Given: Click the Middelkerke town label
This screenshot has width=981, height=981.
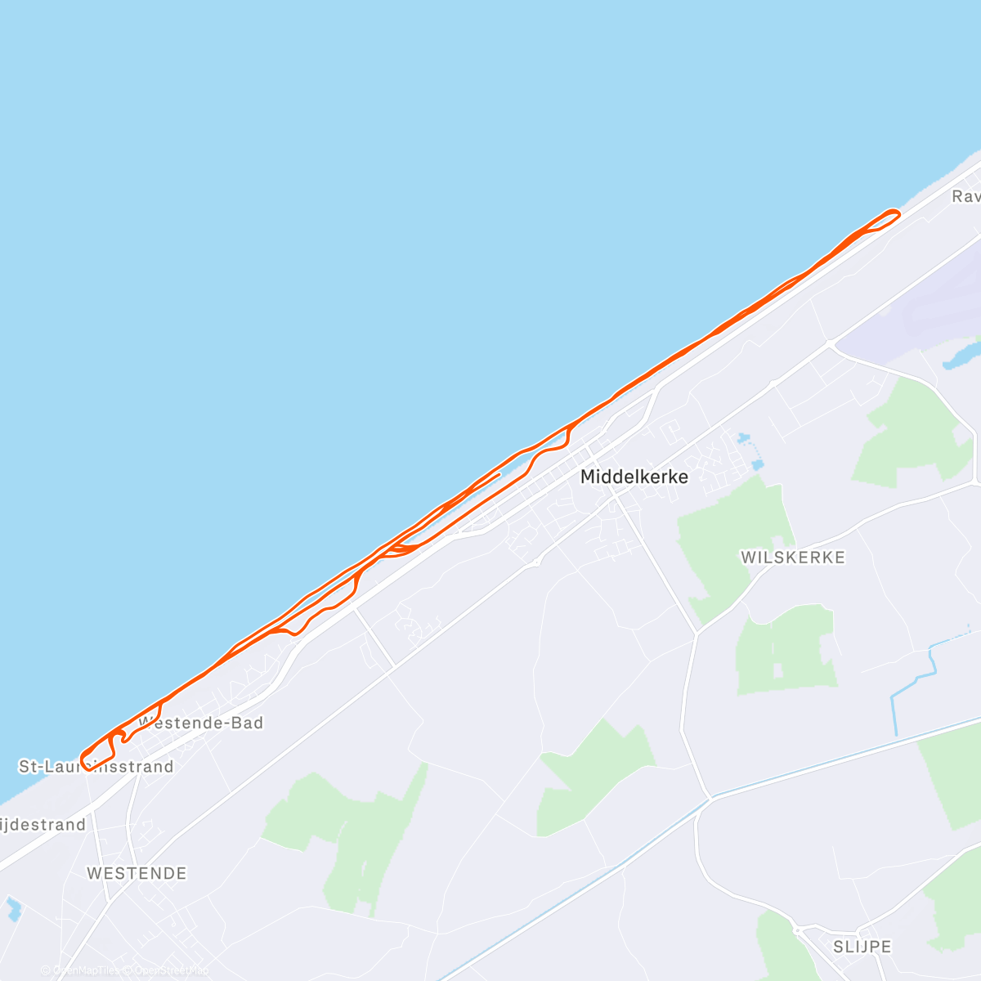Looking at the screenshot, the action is pyautogui.click(x=634, y=477).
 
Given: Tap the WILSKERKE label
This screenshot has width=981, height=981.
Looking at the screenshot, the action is pyautogui.click(x=792, y=558).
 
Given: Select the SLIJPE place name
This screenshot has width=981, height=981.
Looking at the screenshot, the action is pyautogui.click(x=862, y=947).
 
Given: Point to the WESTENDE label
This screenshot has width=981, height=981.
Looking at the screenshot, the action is pyautogui.click(x=137, y=873).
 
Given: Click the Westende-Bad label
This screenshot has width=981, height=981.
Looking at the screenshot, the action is pyautogui.click(x=201, y=723).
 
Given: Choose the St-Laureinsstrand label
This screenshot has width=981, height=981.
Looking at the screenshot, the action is pyautogui.click(x=96, y=767).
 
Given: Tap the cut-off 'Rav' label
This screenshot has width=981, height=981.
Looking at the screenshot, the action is pyautogui.click(x=965, y=197).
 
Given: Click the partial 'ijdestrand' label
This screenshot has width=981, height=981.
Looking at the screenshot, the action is pyautogui.click(x=43, y=824).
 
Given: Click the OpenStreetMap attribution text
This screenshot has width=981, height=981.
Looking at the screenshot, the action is pyautogui.click(x=168, y=970).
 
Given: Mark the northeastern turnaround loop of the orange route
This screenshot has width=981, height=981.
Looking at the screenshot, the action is pyautogui.click(x=889, y=217).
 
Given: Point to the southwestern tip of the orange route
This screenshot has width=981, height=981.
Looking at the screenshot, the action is pyautogui.click(x=83, y=759).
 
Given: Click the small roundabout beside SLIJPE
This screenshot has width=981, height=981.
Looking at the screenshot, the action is pyautogui.click(x=797, y=929).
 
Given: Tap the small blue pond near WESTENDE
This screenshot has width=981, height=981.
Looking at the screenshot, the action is pyautogui.click(x=12, y=907).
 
